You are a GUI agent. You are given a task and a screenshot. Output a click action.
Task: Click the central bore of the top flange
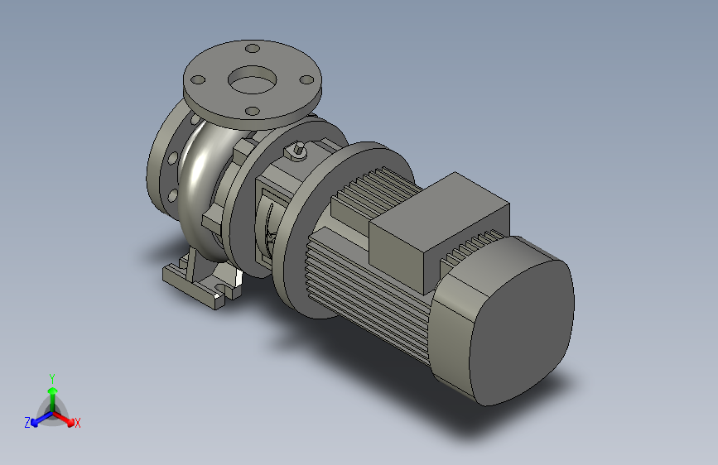(x=253, y=79)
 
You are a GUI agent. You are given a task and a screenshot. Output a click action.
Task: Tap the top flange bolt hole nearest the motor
(x=306, y=80)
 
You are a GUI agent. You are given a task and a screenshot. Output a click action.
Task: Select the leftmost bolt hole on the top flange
(x=198, y=80)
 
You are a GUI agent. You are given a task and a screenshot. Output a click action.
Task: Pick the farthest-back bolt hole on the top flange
(x=253, y=48)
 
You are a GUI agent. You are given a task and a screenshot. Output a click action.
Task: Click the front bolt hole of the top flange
(x=253, y=111)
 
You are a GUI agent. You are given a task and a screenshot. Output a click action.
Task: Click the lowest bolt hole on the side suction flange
(x=172, y=195)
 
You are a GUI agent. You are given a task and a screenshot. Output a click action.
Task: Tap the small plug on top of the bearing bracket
(x=296, y=151)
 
